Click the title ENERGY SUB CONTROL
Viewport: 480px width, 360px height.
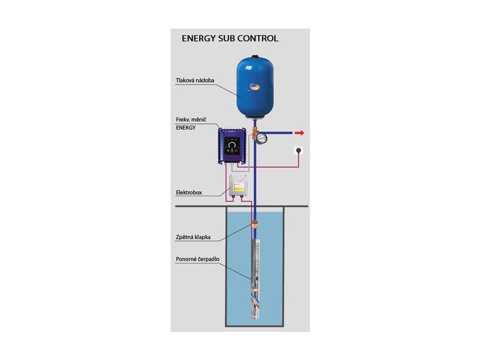[x=230, y=38]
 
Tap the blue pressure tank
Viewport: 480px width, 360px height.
[x=255, y=87]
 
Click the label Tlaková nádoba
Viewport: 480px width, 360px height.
[x=195, y=81]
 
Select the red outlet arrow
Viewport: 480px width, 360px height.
[x=300, y=133]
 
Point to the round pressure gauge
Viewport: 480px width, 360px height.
[x=262, y=138]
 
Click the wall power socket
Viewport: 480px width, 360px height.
[x=299, y=150]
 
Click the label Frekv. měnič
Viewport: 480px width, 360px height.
[x=191, y=120]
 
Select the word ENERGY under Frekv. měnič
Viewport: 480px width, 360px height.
[x=186, y=128]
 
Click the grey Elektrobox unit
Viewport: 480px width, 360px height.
[x=238, y=186]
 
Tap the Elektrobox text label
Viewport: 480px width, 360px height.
[x=189, y=193]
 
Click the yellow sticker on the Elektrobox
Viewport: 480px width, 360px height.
[x=238, y=187]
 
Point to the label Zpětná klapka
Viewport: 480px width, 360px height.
[x=193, y=237]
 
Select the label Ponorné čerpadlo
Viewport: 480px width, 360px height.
[x=198, y=259]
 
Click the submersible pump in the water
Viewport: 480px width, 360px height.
[x=255, y=278]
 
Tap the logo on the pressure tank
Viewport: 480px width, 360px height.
[x=255, y=87]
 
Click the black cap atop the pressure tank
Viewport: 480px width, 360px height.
[x=255, y=57]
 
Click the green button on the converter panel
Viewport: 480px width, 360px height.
[x=228, y=151]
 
